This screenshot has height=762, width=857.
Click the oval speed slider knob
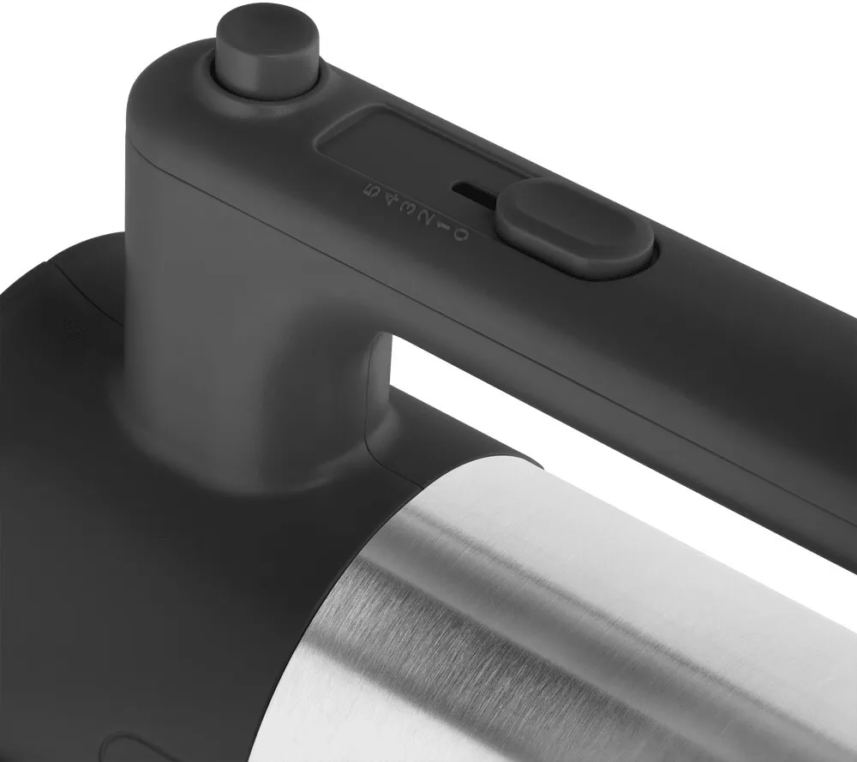coord(574,225)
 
